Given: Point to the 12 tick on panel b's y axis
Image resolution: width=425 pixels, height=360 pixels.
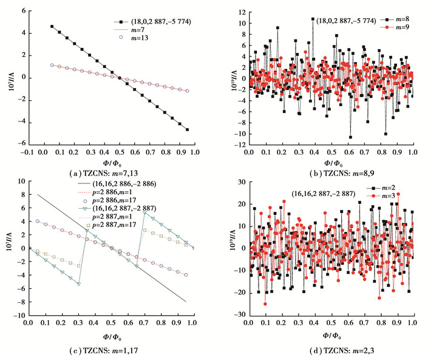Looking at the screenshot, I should (x=241, y=12).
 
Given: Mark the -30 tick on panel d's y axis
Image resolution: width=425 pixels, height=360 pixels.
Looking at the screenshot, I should (x=239, y=316).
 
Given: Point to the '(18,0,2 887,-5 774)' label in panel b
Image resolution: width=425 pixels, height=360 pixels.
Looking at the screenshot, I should (x=343, y=20).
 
